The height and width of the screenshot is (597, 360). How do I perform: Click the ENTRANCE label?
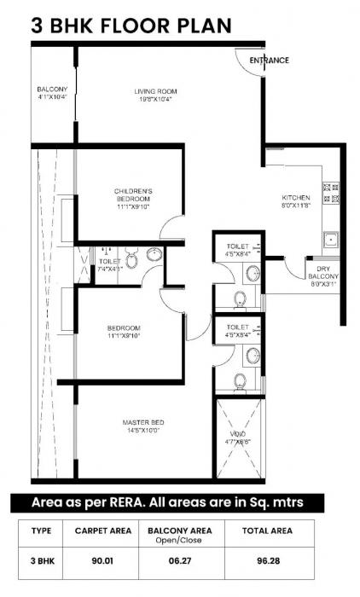pos(269,61)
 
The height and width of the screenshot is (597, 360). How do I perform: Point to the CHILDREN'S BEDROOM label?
pos(133,191)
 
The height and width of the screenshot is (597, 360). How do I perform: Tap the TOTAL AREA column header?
pos(269,530)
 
